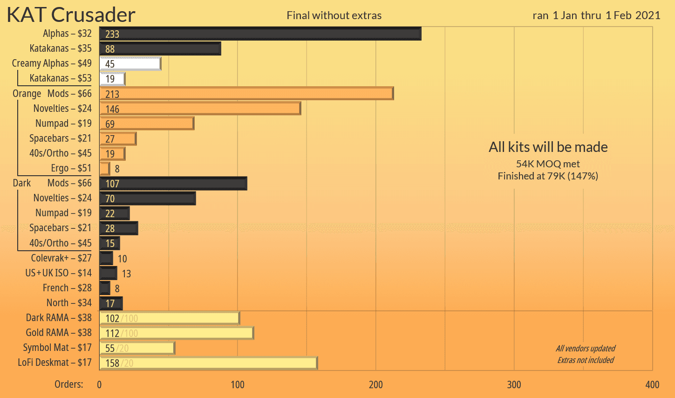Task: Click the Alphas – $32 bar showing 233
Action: pyautogui.click(x=260, y=34)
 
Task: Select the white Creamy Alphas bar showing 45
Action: pyautogui.click(x=130, y=64)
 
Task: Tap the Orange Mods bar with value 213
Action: pyautogui.click(x=246, y=94)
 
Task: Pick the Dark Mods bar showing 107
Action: pyautogui.click(x=173, y=184)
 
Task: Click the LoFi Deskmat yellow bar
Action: pyautogui.click(x=208, y=363)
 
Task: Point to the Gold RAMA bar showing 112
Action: pyautogui.click(x=176, y=333)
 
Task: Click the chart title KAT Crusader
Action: pyautogui.click(x=71, y=15)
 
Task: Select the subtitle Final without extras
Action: pyautogui.click(x=334, y=15)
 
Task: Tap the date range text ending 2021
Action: pyautogui.click(x=596, y=15)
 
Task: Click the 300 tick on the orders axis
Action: pyautogui.click(x=514, y=384)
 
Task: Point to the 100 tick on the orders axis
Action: pyautogui.click(x=238, y=384)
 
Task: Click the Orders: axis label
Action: pyautogui.click(x=69, y=384)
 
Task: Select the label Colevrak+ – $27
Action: pyautogui.click(x=61, y=258)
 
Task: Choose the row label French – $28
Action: pyautogui.click(x=67, y=288)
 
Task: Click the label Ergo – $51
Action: pyautogui.click(x=71, y=168)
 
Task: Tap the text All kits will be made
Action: pyautogui.click(x=548, y=147)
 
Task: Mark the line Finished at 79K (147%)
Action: pyautogui.click(x=548, y=176)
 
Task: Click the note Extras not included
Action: pyautogui.click(x=586, y=360)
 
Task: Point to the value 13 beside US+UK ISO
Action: pyautogui.click(x=126, y=274)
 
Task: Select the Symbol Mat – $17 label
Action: pyautogui.click(x=57, y=348)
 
